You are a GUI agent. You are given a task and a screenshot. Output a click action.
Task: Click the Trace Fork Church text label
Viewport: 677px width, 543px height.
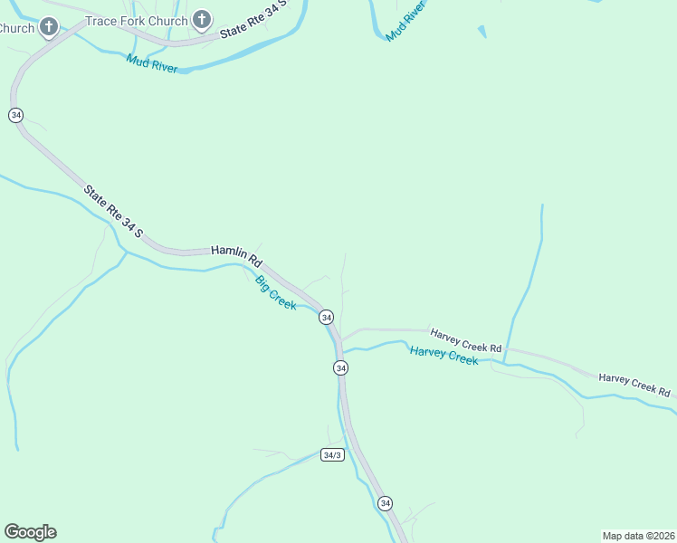pyautogui.click(x=137, y=20)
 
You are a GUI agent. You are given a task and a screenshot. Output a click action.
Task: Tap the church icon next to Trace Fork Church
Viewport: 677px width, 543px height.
pyautogui.click(x=201, y=19)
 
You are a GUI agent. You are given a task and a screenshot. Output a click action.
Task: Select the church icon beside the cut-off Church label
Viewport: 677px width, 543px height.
pyautogui.click(x=49, y=27)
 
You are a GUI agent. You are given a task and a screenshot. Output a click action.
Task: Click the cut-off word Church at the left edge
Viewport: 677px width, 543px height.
pyautogui.click(x=16, y=28)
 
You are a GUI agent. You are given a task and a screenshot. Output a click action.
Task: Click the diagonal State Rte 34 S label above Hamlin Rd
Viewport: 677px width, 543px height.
pyautogui.click(x=114, y=213)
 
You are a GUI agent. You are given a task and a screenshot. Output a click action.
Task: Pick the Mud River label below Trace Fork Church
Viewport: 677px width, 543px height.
pyautogui.click(x=152, y=63)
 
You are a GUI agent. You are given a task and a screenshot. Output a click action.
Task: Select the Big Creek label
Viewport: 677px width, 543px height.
pyautogui.click(x=275, y=292)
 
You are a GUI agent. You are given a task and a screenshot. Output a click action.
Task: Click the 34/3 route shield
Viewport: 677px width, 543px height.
pyautogui.click(x=332, y=454)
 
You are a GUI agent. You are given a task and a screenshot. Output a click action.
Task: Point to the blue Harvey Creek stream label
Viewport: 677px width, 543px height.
pyautogui.click(x=443, y=355)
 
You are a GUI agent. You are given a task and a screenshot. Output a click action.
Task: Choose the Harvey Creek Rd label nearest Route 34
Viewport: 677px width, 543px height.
pyautogui.click(x=465, y=340)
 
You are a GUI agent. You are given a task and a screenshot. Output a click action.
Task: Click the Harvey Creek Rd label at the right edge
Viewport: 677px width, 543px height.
pyautogui.click(x=634, y=385)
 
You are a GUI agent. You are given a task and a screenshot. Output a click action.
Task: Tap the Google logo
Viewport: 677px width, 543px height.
pyautogui.click(x=30, y=532)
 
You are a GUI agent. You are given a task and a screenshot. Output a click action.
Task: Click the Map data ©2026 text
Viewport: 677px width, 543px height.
pyautogui.click(x=638, y=536)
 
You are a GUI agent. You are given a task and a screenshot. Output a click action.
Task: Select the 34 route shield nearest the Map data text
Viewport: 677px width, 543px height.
pyautogui.click(x=386, y=503)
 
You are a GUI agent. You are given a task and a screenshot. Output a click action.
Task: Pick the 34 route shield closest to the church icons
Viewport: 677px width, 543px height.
pyautogui.click(x=15, y=116)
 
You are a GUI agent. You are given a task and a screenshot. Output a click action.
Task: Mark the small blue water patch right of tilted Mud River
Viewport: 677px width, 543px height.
pyautogui.click(x=482, y=32)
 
